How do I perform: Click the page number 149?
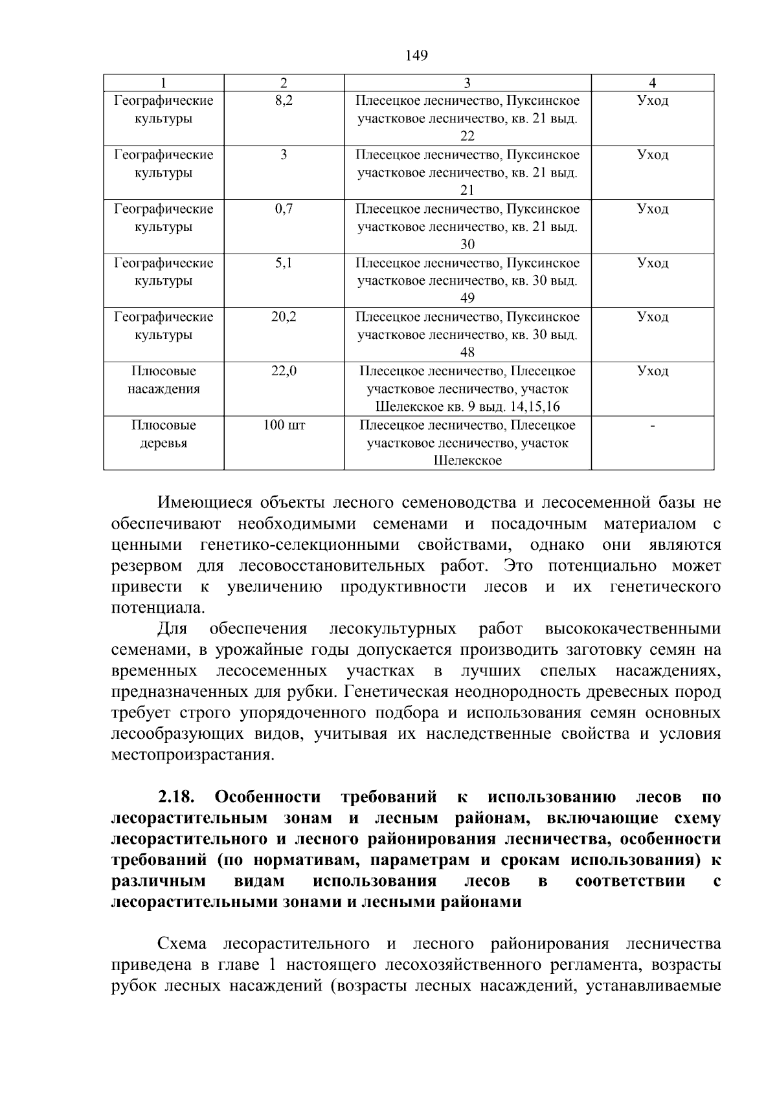(416, 56)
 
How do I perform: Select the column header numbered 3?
(467, 83)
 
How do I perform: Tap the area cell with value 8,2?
(284, 101)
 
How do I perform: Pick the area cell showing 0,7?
(284, 209)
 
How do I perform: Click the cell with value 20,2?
(284, 317)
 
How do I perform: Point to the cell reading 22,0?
(284, 371)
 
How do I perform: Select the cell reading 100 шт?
(284, 425)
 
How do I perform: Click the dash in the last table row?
(652, 426)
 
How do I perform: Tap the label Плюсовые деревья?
(164, 434)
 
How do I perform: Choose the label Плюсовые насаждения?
(164, 380)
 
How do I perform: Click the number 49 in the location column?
(467, 298)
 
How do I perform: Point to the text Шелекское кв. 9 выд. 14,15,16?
(467, 407)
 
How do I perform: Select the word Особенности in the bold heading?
(267, 796)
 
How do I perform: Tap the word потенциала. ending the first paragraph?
(158, 608)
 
